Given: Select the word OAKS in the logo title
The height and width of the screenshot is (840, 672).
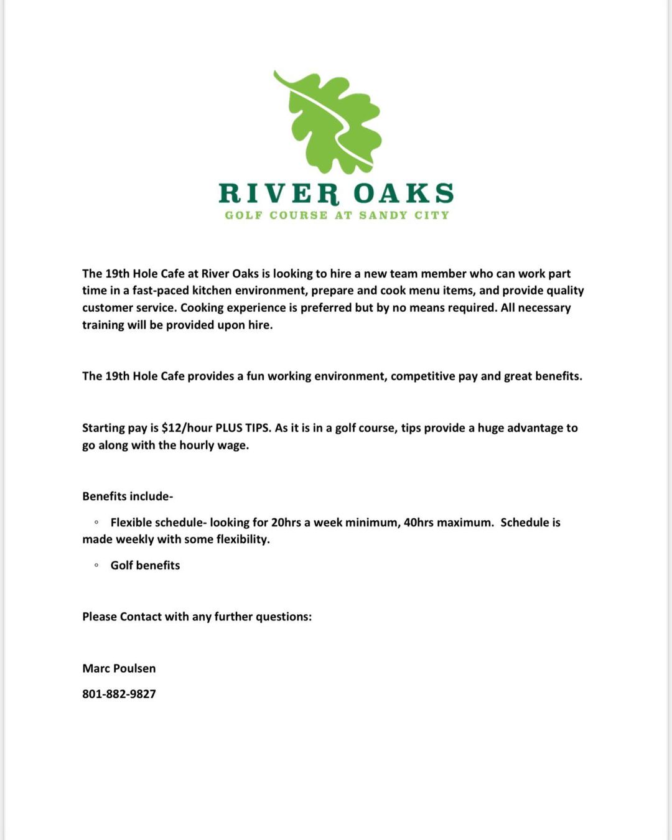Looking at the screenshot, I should click(x=404, y=194).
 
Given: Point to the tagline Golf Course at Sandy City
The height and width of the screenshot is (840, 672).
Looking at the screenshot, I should click(x=337, y=215).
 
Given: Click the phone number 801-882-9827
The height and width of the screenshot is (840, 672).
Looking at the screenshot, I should click(x=119, y=694).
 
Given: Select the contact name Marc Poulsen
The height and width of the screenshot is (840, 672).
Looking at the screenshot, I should click(x=119, y=668).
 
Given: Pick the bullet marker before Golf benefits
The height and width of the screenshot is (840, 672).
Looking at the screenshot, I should click(x=96, y=565).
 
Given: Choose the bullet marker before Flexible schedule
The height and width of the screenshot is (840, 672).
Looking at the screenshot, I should click(x=96, y=522).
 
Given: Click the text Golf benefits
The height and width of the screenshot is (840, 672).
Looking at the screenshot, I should click(x=145, y=565).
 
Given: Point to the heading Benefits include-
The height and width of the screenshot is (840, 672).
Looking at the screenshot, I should click(x=128, y=496).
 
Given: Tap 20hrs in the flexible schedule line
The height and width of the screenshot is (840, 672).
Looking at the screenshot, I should click(x=286, y=522).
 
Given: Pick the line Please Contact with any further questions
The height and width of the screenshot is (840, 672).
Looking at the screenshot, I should click(x=197, y=617).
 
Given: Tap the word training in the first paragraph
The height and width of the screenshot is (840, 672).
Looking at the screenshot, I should click(x=103, y=325).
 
